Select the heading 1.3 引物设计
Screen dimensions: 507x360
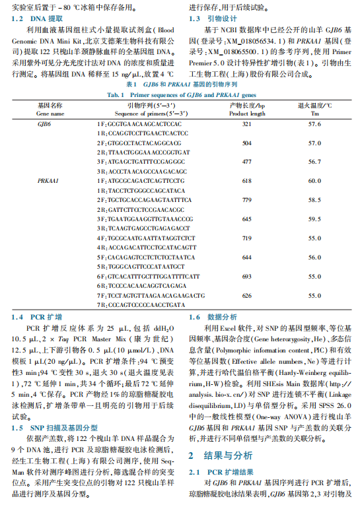click(x=213, y=18)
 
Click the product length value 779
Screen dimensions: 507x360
click(x=247, y=198)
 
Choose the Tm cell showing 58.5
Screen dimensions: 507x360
click(x=314, y=198)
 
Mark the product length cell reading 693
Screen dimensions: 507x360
click(x=247, y=276)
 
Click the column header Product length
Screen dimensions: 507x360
click(x=247, y=113)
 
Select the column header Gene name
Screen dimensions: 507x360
click(x=51, y=113)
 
